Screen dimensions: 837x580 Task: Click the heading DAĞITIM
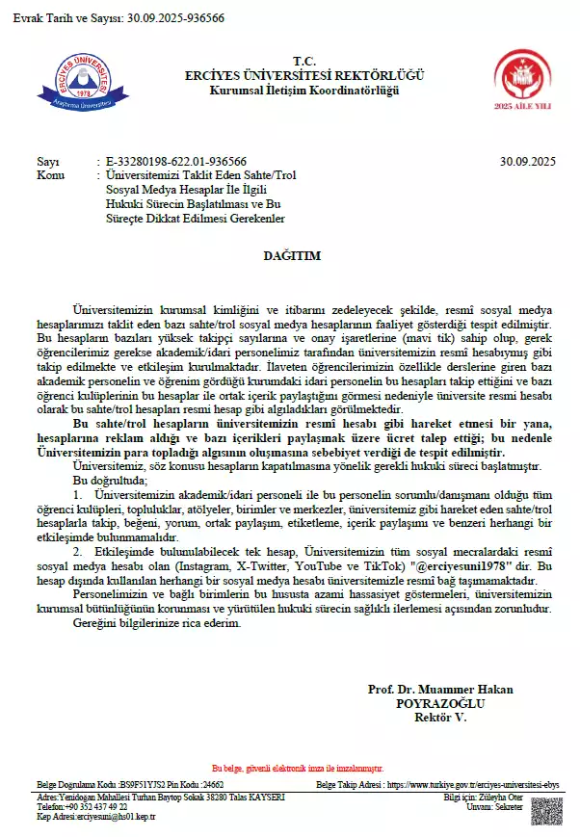pyautogui.click(x=291, y=256)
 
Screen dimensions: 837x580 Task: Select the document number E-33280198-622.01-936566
pyautogui.click(x=176, y=161)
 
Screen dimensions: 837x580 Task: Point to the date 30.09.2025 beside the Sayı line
pyautogui.click(x=528, y=161)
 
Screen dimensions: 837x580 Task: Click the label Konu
pyautogui.click(x=50, y=175)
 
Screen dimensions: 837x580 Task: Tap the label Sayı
pyautogui.click(x=47, y=161)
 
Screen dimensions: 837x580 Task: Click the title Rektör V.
pyautogui.click(x=439, y=718)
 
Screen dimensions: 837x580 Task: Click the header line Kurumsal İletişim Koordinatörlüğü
pyautogui.click(x=290, y=91)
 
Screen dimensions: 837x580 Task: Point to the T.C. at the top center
pyautogui.click(x=290, y=60)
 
